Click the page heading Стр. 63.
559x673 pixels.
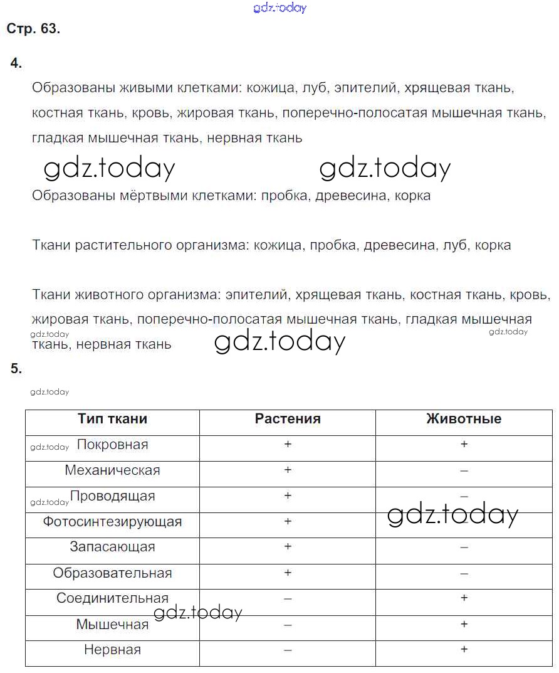[33, 29]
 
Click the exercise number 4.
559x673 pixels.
[16, 63]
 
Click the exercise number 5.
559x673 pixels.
[16, 369]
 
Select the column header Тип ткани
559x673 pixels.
[112, 419]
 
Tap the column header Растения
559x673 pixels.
[288, 419]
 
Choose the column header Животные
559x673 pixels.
[464, 419]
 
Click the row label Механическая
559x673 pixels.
[112, 470]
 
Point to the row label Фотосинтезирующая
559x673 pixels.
[112, 522]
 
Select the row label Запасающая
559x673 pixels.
[112, 547]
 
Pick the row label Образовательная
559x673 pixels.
[112, 573]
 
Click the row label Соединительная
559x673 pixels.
[112, 598]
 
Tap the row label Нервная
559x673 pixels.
[112, 650]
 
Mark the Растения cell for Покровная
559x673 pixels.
[288, 445]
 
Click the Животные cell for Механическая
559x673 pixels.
[464, 470]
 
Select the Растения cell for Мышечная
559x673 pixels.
[288, 625]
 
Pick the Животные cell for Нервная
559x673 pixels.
[464, 650]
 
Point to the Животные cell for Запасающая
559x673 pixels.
[464, 548]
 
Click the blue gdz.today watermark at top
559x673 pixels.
[279, 8]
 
